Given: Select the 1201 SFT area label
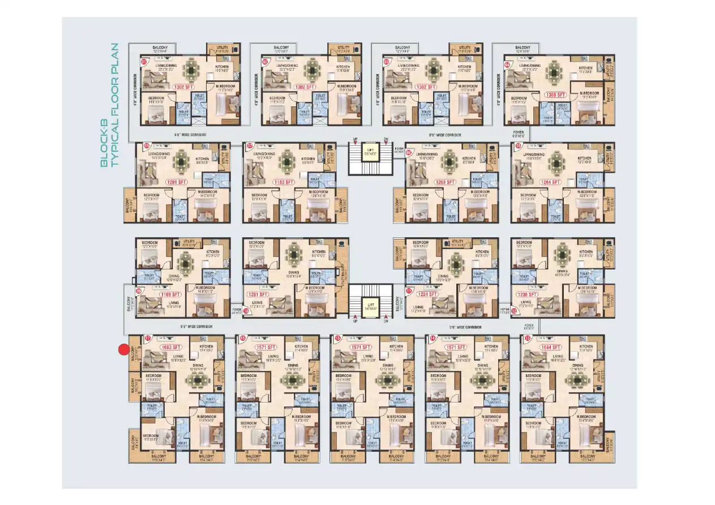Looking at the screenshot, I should pos(176,182).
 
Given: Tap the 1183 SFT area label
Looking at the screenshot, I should pos(284,182).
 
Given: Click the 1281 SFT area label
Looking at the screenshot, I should pos(258,294).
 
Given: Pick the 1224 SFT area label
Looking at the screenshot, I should pos(428,294).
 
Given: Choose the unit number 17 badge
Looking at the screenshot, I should pos(148,339).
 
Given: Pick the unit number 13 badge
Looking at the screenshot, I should pos(528,339).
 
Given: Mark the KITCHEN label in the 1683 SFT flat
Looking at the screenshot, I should pos(207,346).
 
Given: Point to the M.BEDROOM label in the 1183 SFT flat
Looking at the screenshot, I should pos(319,192).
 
